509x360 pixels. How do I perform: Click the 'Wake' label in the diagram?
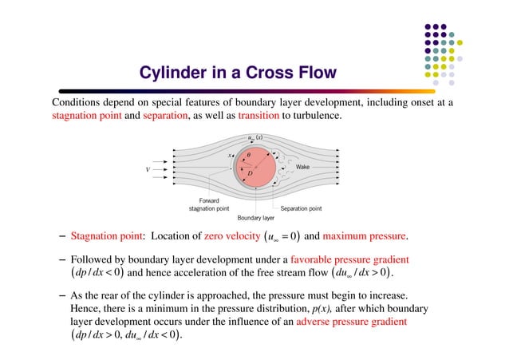(302, 167)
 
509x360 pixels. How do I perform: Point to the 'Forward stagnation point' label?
(210, 205)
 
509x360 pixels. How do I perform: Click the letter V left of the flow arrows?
(147, 169)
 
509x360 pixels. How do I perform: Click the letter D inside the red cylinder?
(249, 172)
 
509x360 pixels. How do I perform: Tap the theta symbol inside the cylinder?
(248, 155)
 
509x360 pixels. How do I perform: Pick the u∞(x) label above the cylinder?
(256, 137)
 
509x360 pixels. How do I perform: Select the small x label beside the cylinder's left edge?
(231, 156)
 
